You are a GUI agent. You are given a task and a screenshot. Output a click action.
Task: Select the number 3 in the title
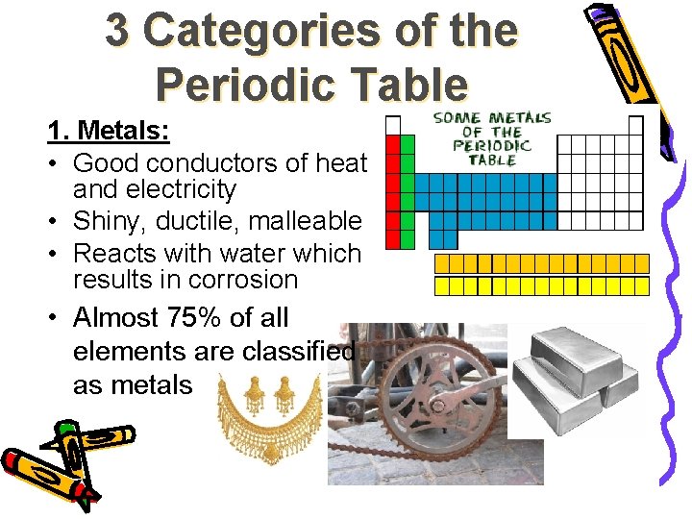point(117,31)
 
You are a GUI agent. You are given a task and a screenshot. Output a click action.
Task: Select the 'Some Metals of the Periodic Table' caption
point(492,137)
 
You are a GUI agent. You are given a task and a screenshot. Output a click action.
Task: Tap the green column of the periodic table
point(407,192)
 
